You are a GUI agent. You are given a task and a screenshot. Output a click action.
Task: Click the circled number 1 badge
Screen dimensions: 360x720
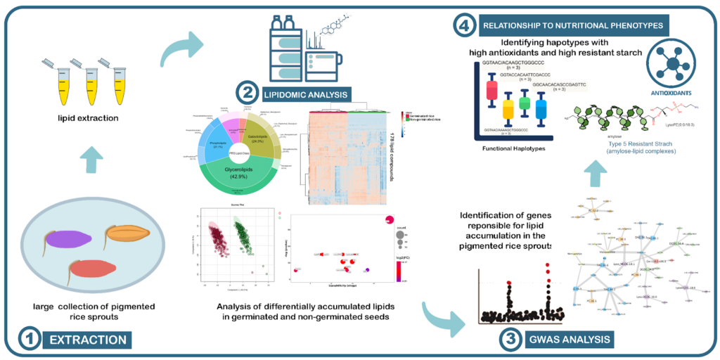[x=29, y=340]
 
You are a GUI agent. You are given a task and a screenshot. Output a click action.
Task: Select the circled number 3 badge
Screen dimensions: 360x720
[x=510, y=340]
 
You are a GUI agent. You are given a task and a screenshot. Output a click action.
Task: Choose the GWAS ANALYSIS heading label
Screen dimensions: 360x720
[x=570, y=340]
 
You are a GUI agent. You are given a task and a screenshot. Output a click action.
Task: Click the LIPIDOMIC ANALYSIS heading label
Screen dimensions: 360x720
[x=306, y=93]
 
